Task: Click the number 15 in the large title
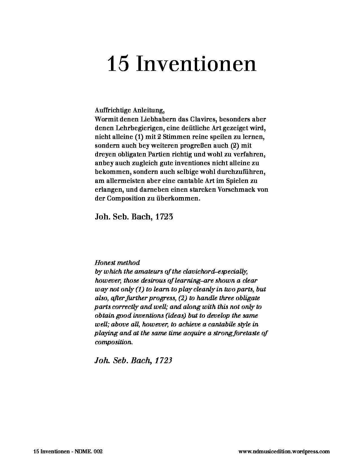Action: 118,64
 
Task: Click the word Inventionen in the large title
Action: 196,64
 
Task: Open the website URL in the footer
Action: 284,452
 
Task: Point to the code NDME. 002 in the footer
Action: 90,452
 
